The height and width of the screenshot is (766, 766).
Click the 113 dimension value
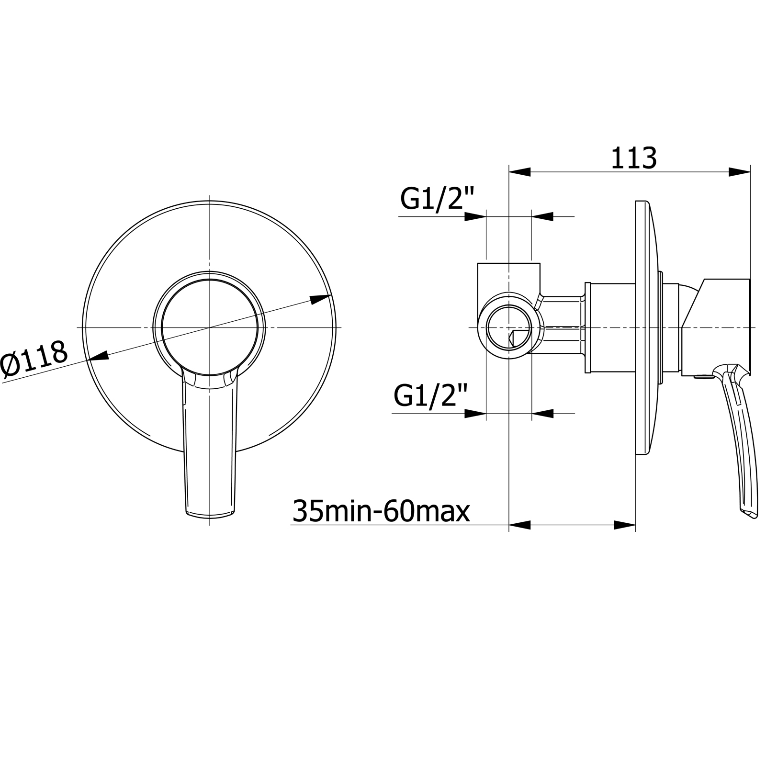pyautogui.click(x=633, y=158)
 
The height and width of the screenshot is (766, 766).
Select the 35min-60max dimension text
pyautogui.click(x=381, y=511)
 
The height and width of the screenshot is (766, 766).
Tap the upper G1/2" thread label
pyautogui.click(x=437, y=199)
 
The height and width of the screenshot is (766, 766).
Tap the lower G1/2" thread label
pyautogui.click(x=430, y=396)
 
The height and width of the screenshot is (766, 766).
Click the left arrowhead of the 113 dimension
pyautogui.click(x=520, y=171)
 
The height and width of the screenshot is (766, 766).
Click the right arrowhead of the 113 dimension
pyautogui.click(x=739, y=171)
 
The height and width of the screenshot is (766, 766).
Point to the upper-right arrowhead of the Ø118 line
pyautogui.click(x=320, y=299)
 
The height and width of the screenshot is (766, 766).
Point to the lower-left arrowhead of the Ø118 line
pyautogui.click(x=97, y=356)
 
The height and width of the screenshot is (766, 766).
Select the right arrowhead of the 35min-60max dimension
pyautogui.click(x=624, y=525)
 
